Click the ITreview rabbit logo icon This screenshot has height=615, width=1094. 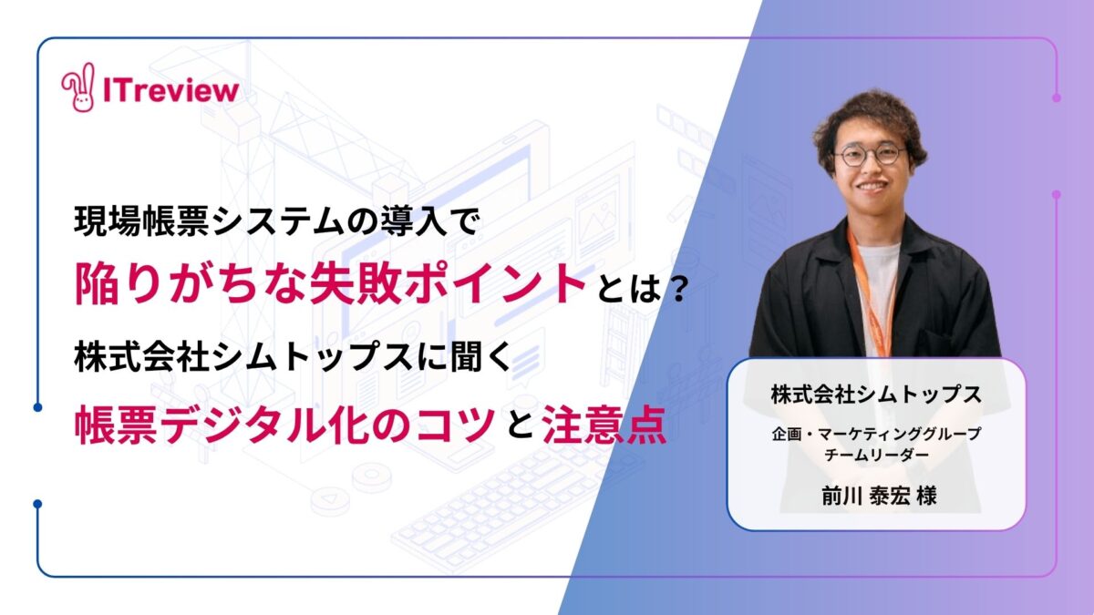[x=78, y=87]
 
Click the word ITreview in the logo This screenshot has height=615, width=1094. [x=171, y=90]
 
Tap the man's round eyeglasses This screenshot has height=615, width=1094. [x=871, y=156]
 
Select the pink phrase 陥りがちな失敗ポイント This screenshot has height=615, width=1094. [x=331, y=284]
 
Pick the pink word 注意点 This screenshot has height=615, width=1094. [x=604, y=425]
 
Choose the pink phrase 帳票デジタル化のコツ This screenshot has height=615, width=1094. [x=284, y=425]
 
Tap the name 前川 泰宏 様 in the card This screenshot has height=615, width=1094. [x=879, y=497]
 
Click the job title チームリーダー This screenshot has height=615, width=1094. [x=877, y=455]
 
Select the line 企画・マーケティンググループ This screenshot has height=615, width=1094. [x=877, y=434]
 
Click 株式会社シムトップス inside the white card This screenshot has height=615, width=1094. [x=877, y=395]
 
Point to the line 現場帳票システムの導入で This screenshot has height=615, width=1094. [x=275, y=222]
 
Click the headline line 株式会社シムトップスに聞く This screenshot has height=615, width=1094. [x=293, y=357]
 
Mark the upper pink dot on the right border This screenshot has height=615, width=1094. [x=1057, y=97]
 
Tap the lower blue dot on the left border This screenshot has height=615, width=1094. [x=37, y=504]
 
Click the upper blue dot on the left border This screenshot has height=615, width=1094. [x=37, y=407]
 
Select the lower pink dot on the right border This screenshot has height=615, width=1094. [x=1057, y=194]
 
